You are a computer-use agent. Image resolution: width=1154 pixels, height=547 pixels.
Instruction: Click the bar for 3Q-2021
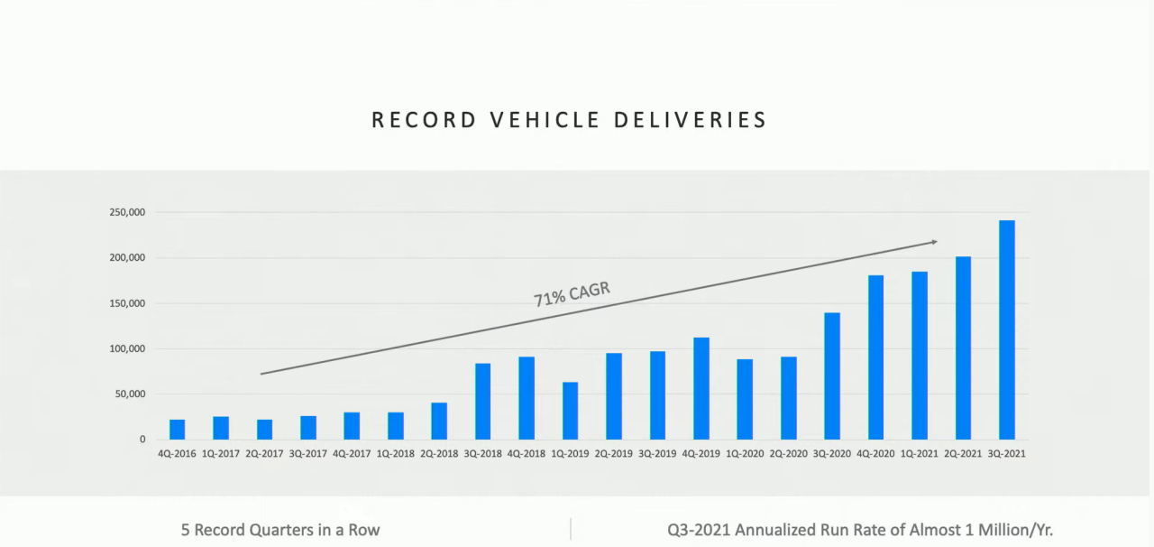[x=1007, y=329]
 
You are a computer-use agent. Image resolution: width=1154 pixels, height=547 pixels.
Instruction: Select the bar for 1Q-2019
[x=571, y=411]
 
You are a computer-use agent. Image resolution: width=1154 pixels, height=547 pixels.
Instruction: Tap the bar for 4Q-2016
[x=178, y=430]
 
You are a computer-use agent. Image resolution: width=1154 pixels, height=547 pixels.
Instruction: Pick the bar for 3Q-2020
[x=832, y=376]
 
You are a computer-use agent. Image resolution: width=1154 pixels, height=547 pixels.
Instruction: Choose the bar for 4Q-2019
[x=701, y=388]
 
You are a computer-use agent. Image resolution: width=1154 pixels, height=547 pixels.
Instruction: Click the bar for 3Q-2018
[x=482, y=402]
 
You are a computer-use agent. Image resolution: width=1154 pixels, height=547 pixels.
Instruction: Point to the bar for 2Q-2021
[x=964, y=348]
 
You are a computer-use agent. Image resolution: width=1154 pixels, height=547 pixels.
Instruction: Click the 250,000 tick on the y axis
[x=127, y=212]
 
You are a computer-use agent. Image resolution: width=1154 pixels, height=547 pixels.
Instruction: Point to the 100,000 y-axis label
[x=127, y=348]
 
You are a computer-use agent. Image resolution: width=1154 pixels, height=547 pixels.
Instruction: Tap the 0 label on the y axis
[x=142, y=440]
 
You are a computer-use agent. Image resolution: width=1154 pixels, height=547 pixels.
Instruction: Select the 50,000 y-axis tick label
[x=130, y=394]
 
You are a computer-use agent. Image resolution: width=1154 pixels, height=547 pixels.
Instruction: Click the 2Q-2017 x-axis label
[x=264, y=454]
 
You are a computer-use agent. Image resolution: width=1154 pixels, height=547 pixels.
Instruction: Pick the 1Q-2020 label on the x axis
[x=745, y=454]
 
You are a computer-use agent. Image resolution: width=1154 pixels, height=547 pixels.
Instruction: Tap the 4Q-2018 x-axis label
[x=527, y=454]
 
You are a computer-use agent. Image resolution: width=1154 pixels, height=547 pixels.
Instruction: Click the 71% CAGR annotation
[x=572, y=294]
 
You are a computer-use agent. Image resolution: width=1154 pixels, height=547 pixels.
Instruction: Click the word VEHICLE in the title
[x=545, y=120]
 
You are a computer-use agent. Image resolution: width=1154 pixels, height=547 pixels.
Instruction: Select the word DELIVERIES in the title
[x=691, y=120]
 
